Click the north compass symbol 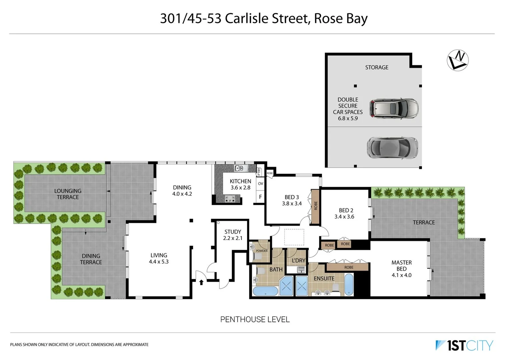click(458, 60)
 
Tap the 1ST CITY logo click(464, 345)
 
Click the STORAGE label click(377, 67)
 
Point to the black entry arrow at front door click(201, 282)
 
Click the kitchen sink click(239, 168)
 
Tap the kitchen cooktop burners click(230, 199)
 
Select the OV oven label click(261, 184)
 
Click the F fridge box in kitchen click(261, 197)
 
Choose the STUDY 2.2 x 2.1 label click(232, 235)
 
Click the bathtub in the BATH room click(265, 291)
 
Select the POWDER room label click(262, 251)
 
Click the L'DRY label click(299, 260)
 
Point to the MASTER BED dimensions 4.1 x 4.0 click(401, 275)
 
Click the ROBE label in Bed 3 click(316, 206)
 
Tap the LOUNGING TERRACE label click(68, 194)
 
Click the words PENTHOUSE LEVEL click(255, 319)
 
